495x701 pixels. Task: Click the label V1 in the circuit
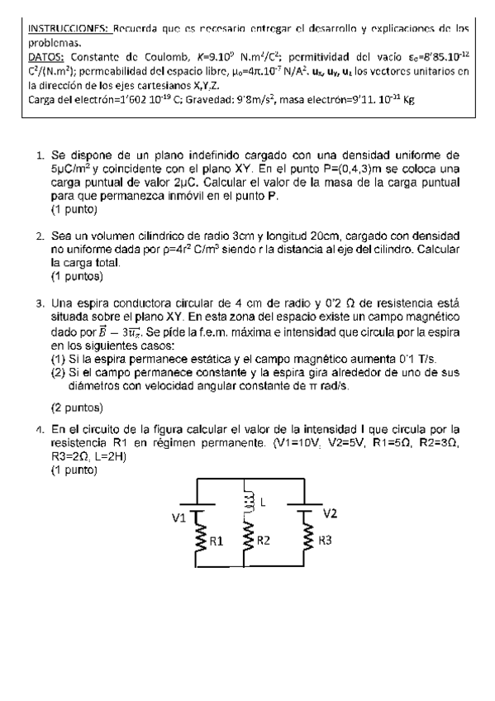tap(179, 517)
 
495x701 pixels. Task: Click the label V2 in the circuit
tap(330, 513)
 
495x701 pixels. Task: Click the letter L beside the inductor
tap(263, 501)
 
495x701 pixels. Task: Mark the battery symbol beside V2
tap(308, 508)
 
